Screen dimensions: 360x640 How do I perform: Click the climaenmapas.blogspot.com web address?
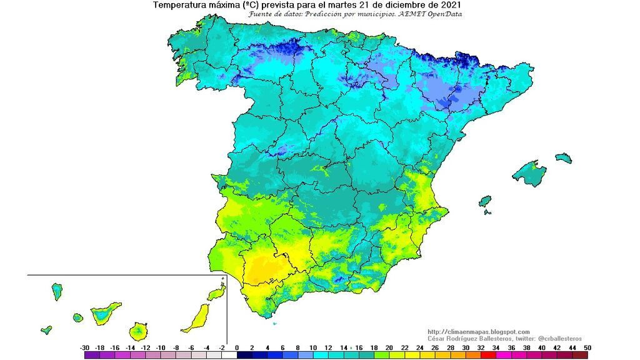pyautogui.click(x=479, y=332)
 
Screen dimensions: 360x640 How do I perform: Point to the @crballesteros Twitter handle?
pyautogui.click(x=557, y=338)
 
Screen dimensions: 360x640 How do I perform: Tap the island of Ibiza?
pyautogui.click(x=485, y=202)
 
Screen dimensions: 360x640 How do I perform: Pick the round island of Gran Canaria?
pyautogui.click(x=139, y=330)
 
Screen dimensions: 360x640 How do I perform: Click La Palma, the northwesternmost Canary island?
pyautogui.click(x=57, y=291)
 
